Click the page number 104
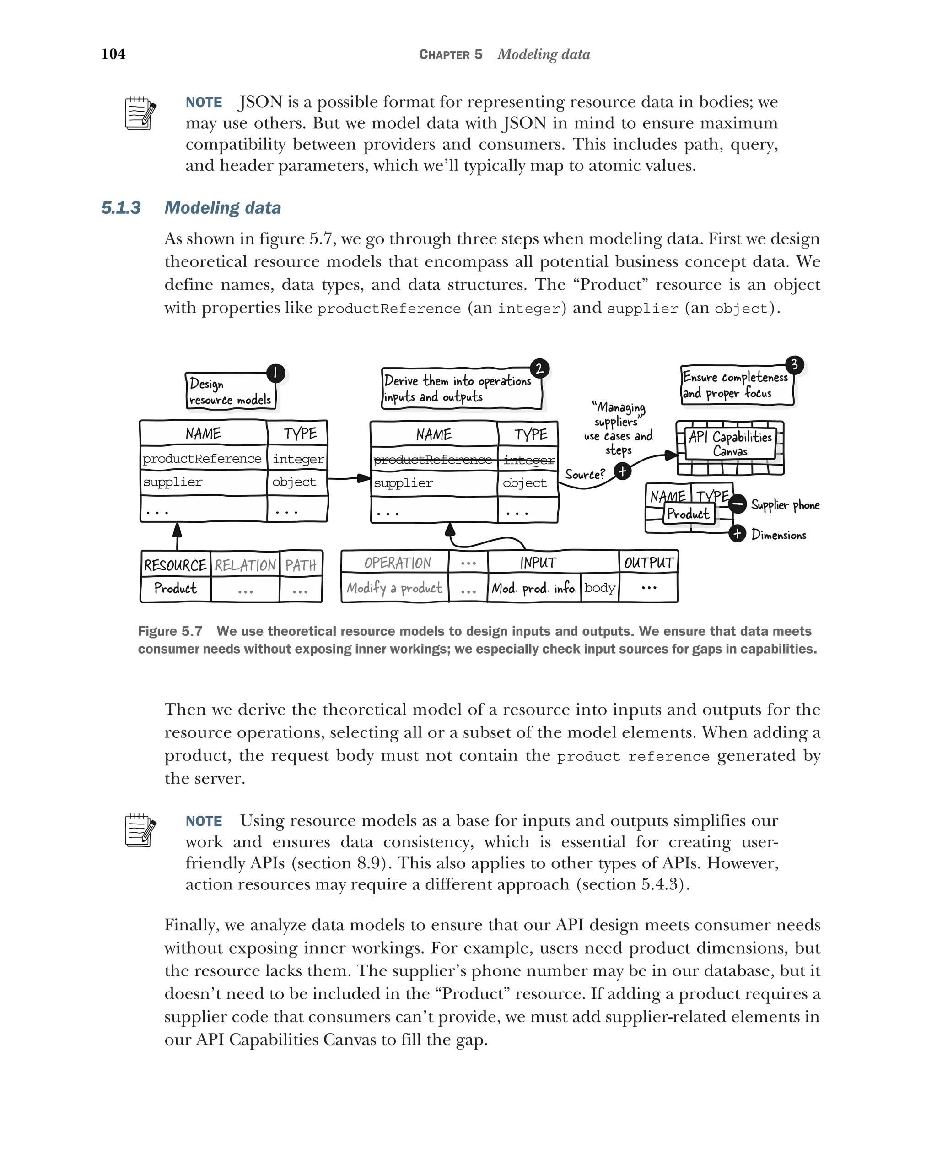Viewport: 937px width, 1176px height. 113,54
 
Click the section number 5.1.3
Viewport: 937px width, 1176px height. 121,208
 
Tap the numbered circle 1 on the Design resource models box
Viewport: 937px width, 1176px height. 275,373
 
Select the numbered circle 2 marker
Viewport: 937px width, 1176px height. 539,369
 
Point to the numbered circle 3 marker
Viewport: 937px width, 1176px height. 794,364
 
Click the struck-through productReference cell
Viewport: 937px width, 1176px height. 433,460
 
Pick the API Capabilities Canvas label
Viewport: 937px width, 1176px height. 730,444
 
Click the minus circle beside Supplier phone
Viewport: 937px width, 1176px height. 737,504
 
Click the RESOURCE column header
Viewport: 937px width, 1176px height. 175,565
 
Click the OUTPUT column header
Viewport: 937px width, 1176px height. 648,562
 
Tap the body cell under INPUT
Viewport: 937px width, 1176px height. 600,588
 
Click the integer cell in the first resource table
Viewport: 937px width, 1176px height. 297,459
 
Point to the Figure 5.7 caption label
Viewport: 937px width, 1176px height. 170,631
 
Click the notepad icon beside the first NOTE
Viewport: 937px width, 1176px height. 140,114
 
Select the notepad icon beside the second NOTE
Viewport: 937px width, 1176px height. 140,831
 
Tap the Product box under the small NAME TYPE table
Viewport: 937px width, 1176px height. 688,514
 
